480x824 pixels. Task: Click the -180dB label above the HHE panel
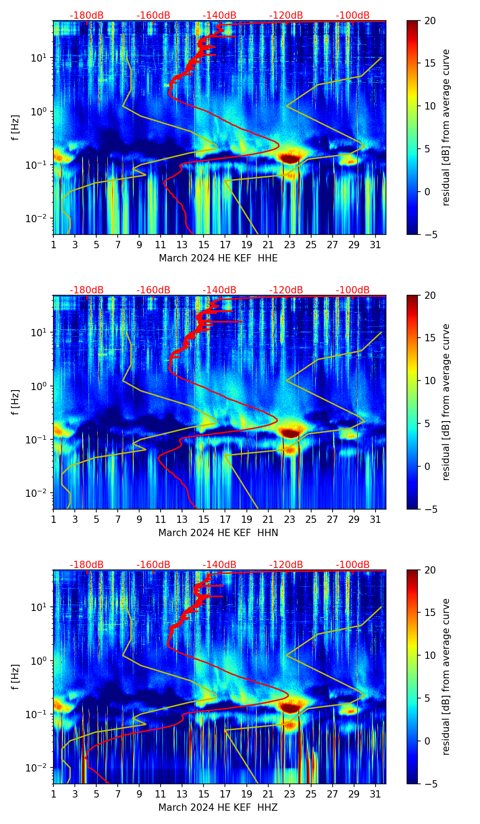pyautogui.click(x=87, y=16)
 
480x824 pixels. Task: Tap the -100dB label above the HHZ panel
pyautogui.click(x=353, y=565)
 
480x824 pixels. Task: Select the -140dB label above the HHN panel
pyautogui.click(x=219, y=290)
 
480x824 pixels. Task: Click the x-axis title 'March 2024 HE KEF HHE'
pyautogui.click(x=218, y=258)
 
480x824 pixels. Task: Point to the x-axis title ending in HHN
pyautogui.click(x=218, y=533)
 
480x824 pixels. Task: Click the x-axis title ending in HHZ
pyautogui.click(x=218, y=808)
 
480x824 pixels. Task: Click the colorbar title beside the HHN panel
pyautogui.click(x=446, y=402)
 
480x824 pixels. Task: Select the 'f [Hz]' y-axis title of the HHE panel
pyautogui.click(x=16, y=128)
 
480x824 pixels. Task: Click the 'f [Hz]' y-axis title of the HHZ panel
pyautogui.click(x=16, y=677)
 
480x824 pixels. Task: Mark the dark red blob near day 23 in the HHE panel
pyautogui.click(x=290, y=158)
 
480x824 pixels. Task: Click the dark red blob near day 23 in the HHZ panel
pyautogui.click(x=290, y=708)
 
